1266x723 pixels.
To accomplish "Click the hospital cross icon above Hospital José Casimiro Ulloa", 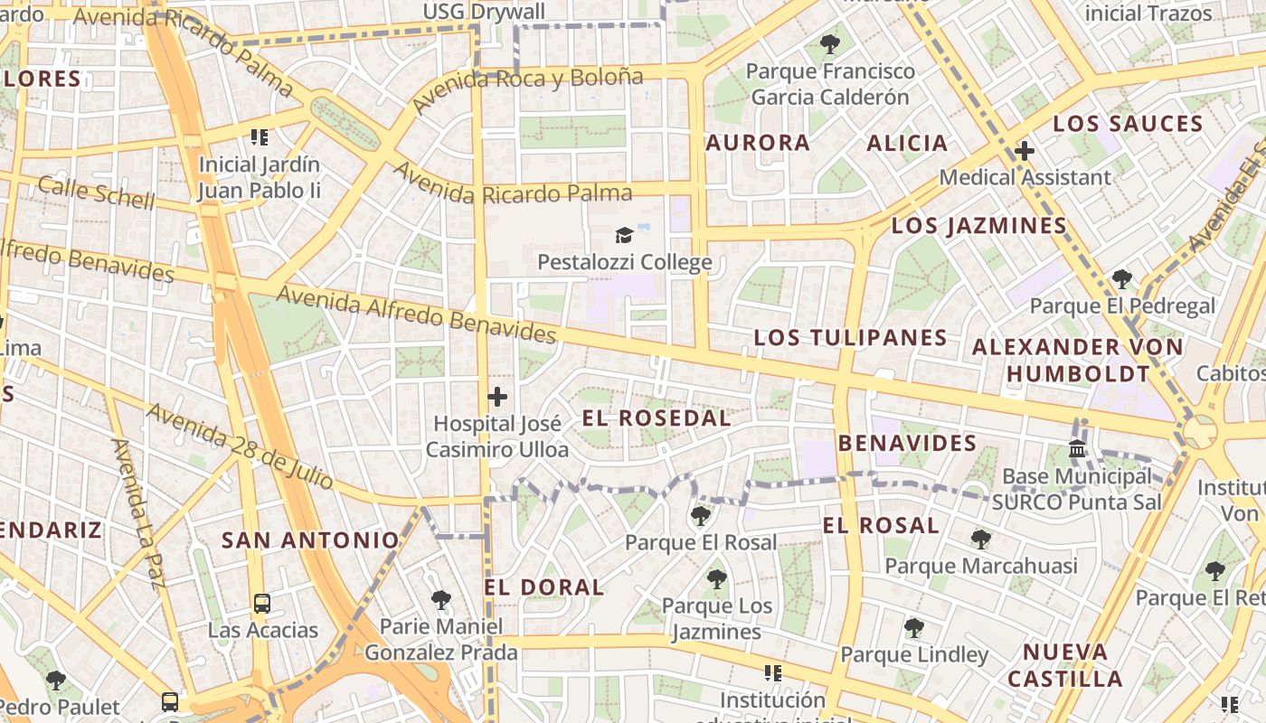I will point(497,397).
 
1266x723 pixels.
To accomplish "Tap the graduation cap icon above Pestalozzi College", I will point(624,236).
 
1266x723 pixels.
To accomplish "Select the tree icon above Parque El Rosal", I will point(700,516).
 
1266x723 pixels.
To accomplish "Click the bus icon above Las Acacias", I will point(261,603).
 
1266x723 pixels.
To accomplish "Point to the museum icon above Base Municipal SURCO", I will point(1077,448).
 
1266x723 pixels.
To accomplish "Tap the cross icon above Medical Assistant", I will point(1024,151).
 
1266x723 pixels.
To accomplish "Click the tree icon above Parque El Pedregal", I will point(1122,279).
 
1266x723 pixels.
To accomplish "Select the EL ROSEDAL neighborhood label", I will point(656,418).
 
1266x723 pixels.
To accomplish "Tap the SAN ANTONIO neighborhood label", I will point(310,540).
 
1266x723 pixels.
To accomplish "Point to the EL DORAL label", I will point(543,587).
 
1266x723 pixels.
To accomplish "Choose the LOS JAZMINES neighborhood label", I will point(979,226).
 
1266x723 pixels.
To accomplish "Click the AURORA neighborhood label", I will point(758,143).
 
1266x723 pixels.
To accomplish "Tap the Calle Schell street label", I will point(97,192).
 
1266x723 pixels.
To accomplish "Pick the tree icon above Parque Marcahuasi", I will point(980,540).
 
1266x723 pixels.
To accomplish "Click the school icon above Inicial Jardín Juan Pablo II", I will point(260,137).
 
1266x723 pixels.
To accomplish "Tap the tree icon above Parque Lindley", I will point(914,627).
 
